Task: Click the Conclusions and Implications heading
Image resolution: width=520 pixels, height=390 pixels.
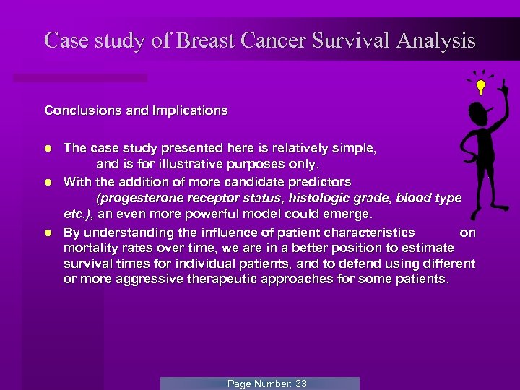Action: coord(136,110)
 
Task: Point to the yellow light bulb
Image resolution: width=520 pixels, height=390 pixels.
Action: coord(480,87)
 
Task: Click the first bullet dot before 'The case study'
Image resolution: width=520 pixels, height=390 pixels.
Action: coord(48,148)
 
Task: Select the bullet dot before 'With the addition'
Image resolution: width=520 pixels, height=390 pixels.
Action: coord(48,181)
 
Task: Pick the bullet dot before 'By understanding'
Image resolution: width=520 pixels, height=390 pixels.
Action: coord(48,233)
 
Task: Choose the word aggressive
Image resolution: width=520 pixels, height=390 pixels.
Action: coord(206,279)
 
